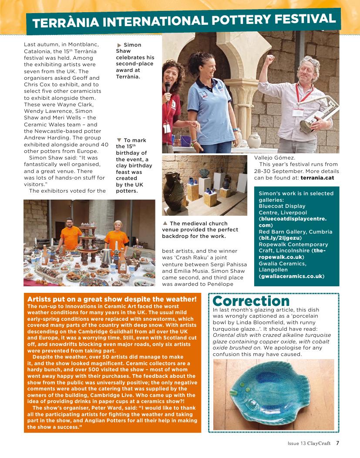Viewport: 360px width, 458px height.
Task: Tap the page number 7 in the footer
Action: click(x=337, y=443)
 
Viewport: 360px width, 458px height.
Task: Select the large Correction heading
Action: click(x=251, y=301)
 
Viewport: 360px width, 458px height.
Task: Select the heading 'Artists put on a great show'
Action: click(x=112, y=299)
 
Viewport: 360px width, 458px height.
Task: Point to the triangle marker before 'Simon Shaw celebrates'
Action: click(x=119, y=45)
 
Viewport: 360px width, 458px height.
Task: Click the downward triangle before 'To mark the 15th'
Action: click(x=119, y=140)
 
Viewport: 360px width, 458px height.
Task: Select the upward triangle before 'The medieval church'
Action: click(x=165, y=223)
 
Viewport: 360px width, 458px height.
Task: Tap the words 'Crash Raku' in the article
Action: click(x=195, y=258)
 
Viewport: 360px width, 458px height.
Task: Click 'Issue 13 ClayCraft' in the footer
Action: click(x=309, y=443)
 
